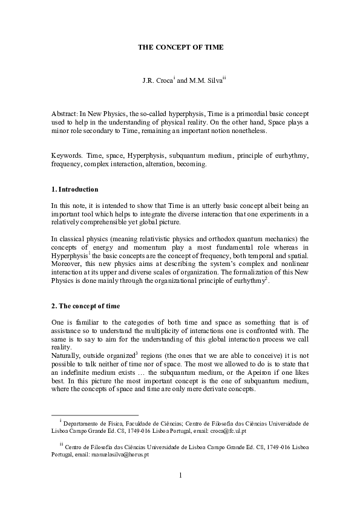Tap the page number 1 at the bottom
(x=180, y=476)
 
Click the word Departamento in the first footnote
(x=81, y=424)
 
